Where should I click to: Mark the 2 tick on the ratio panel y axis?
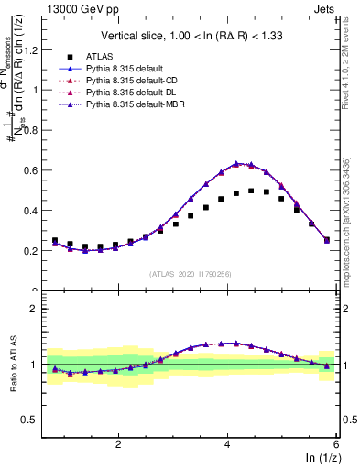[x=36, y=309]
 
